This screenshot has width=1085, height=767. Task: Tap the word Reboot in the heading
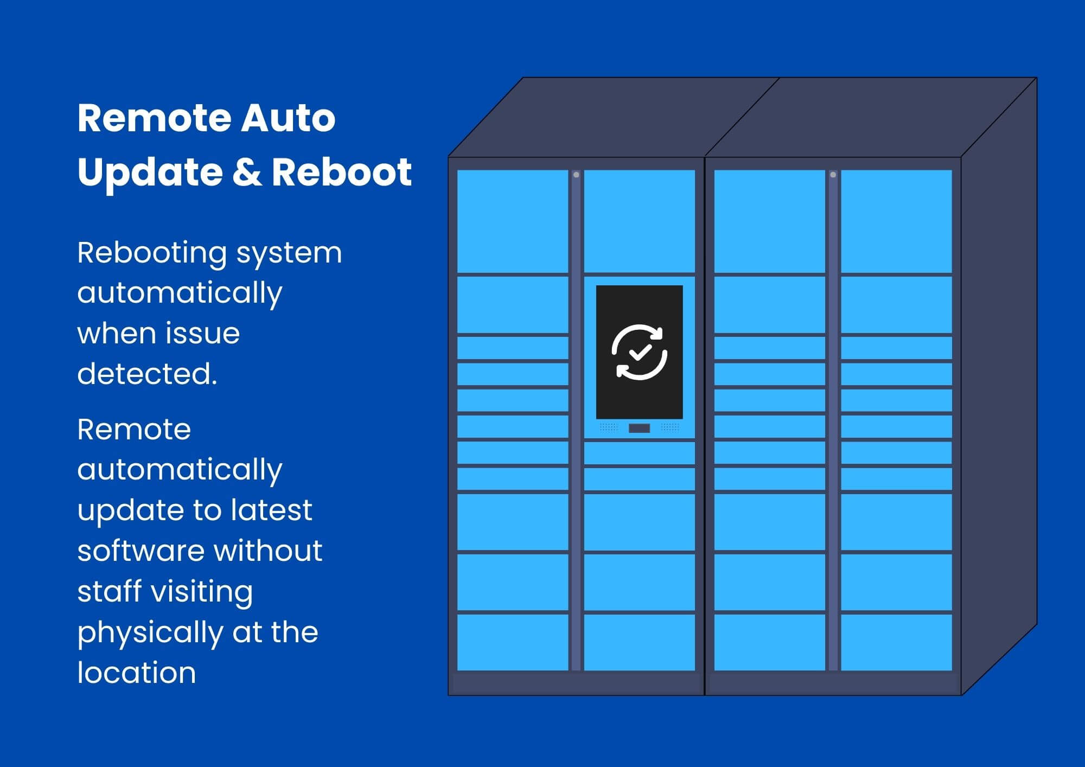(x=342, y=172)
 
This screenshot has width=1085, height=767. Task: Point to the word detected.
(x=147, y=374)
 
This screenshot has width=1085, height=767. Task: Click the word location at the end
(x=136, y=673)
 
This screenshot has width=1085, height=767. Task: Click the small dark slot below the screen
(x=639, y=429)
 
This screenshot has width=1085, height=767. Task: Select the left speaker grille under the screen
(x=609, y=427)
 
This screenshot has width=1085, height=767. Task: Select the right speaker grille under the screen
(x=670, y=427)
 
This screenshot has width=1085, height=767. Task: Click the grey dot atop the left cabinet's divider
(x=576, y=175)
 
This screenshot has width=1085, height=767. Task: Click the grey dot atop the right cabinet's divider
(x=833, y=175)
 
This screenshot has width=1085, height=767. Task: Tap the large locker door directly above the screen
(x=639, y=221)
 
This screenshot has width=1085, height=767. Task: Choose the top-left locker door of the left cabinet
(x=513, y=221)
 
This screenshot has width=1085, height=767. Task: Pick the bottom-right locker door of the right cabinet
(x=896, y=642)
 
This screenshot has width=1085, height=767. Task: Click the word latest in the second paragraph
(x=271, y=510)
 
